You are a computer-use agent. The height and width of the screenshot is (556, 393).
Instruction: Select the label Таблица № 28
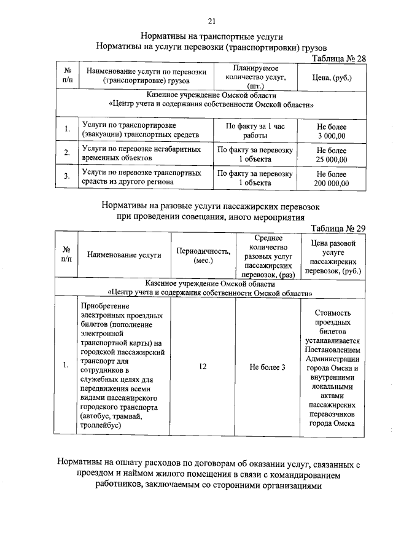tap(339, 58)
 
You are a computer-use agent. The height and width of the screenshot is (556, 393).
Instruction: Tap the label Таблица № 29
tap(339, 229)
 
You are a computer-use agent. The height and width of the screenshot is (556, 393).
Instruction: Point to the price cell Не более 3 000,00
tap(332, 130)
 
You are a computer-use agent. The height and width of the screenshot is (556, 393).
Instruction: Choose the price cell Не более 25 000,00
tap(332, 155)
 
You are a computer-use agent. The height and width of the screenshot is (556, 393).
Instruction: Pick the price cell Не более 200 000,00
tap(332, 178)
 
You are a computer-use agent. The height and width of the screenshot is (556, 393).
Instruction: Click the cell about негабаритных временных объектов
tap(141, 154)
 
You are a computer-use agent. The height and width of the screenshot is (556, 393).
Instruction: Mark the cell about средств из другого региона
tap(141, 178)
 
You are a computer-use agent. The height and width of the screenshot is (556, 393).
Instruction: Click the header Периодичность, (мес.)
tap(203, 256)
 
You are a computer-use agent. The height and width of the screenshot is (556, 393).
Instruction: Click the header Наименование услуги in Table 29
tap(124, 256)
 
